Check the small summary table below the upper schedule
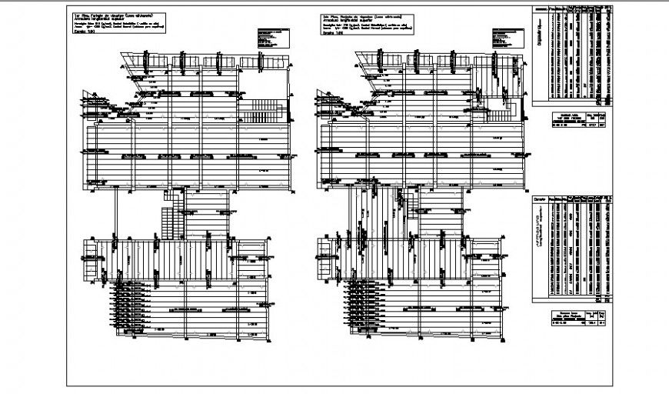(576, 120)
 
